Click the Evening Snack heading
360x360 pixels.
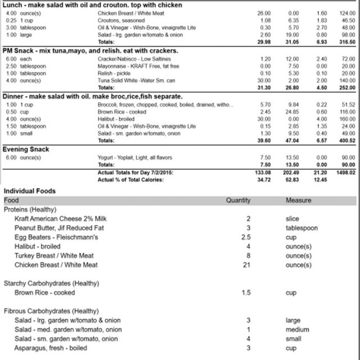tap(26, 149)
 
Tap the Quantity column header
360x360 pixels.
tap(238, 200)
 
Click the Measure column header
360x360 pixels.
tap(298, 200)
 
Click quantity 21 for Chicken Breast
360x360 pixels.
tap(246, 264)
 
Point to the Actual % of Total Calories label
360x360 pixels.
tap(130, 179)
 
